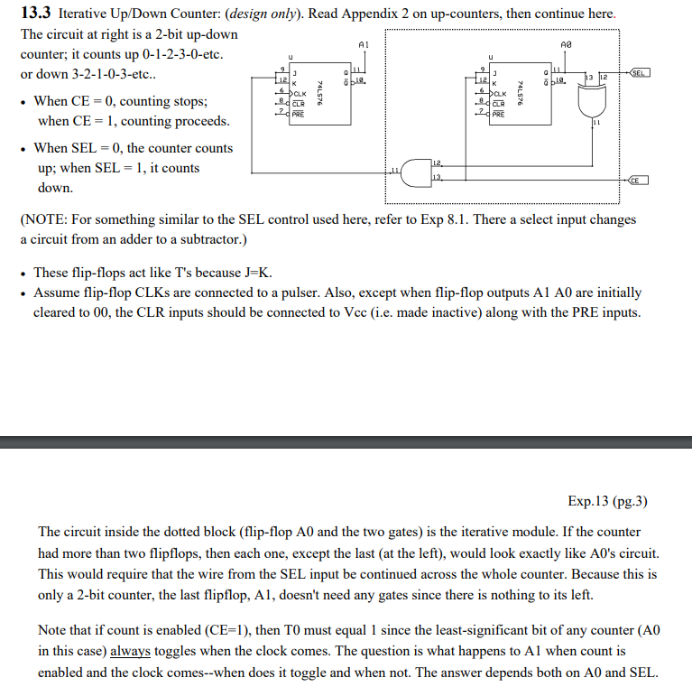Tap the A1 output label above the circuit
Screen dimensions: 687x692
[363, 43]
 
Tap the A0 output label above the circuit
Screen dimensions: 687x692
[566, 43]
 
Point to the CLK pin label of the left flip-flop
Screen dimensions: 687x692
[300, 93]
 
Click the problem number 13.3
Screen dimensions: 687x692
[38, 15]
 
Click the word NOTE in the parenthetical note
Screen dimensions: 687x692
[47, 219]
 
